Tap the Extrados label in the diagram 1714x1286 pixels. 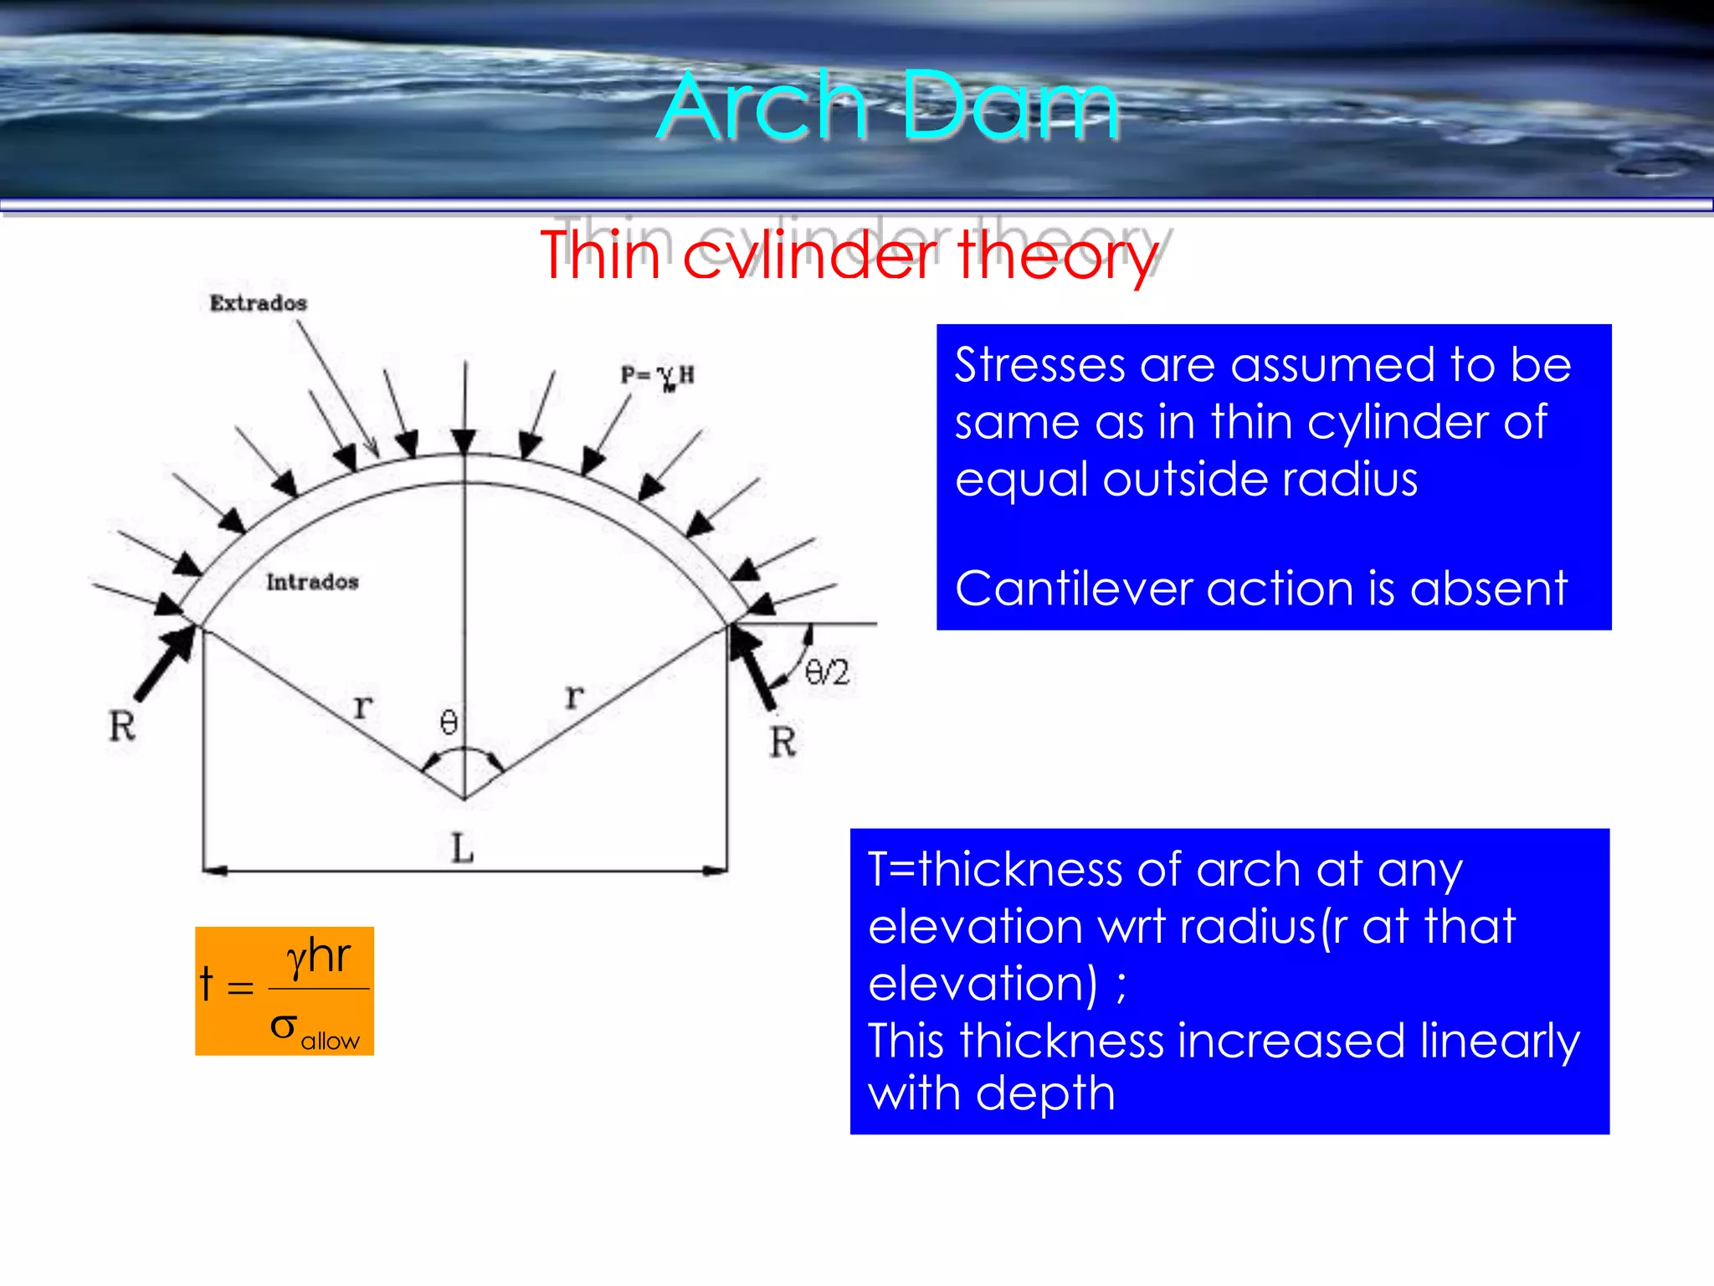(x=258, y=303)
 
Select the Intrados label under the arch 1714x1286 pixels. (x=312, y=581)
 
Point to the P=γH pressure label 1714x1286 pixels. (x=657, y=376)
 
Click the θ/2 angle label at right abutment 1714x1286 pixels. (x=827, y=672)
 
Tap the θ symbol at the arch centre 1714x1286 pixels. (x=449, y=722)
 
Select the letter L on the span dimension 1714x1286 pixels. (x=462, y=849)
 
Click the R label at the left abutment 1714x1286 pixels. (x=122, y=726)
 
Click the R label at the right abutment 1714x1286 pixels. (x=783, y=742)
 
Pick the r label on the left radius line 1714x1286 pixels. (x=362, y=706)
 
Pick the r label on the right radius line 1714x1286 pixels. (x=574, y=695)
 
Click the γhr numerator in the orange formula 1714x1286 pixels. (x=318, y=956)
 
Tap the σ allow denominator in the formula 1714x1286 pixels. (x=314, y=1030)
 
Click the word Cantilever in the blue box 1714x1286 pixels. (x=1073, y=588)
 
